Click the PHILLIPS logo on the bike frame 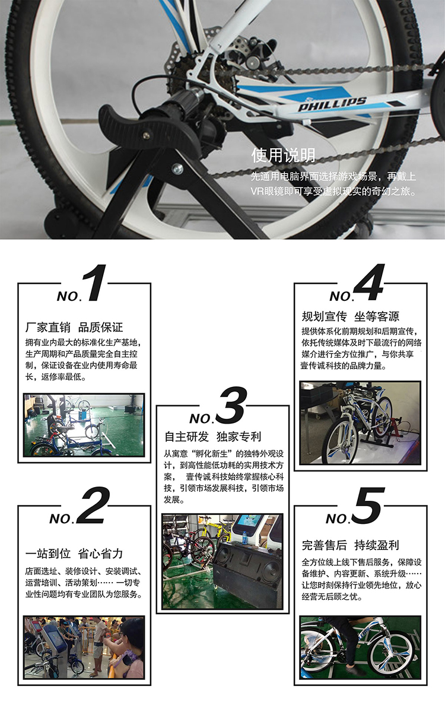(x=332, y=104)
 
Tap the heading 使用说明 (x=283, y=155)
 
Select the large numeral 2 (x=94, y=505)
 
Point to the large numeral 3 (x=231, y=405)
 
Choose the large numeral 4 (x=369, y=282)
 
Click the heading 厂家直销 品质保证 (x=74, y=328)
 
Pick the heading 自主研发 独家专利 (x=212, y=437)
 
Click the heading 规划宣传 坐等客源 (x=350, y=316)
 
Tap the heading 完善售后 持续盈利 (x=350, y=545)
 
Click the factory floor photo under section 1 (x=84, y=425)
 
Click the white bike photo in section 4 (x=360, y=422)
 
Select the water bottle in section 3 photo (x=244, y=536)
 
